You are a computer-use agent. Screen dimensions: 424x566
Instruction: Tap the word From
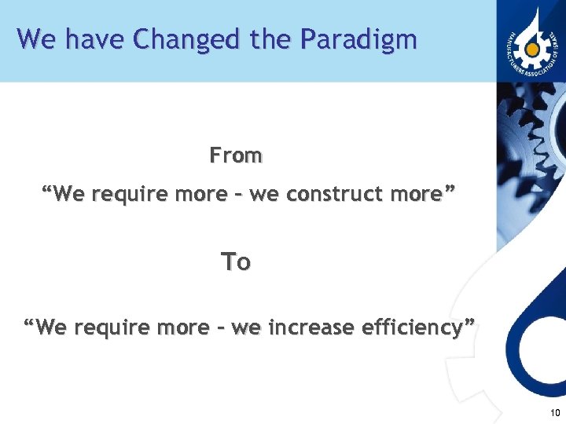click(236, 155)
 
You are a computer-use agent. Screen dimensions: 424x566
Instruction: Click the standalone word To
click(236, 261)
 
